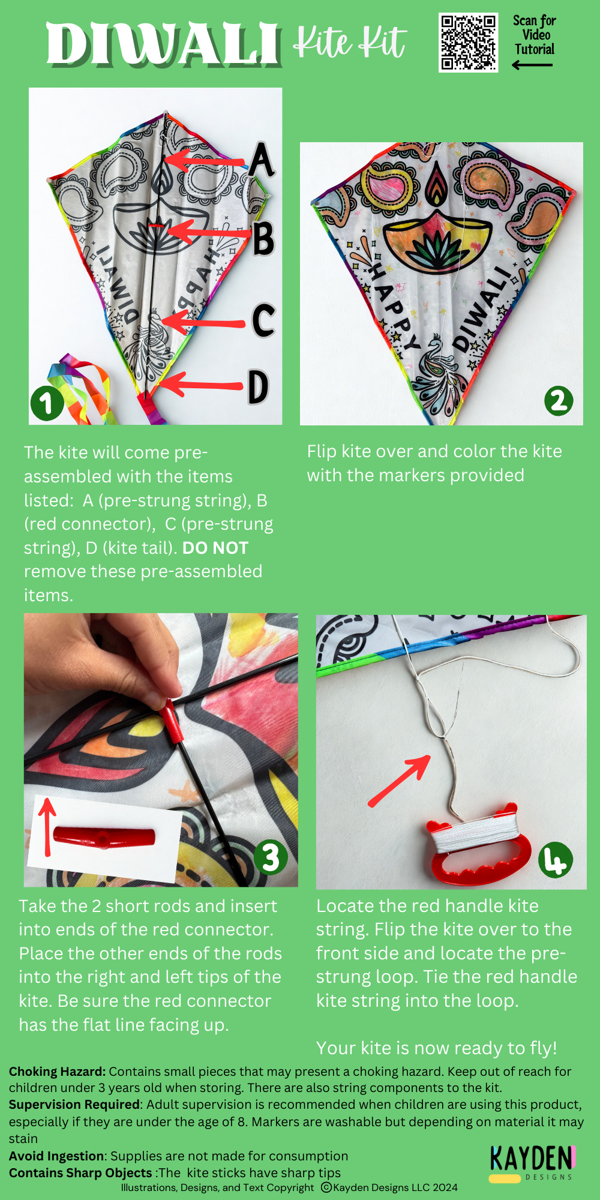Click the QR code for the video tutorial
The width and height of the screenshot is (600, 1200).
click(468, 43)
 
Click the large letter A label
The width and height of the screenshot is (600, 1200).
click(262, 160)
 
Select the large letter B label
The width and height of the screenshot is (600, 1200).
click(263, 238)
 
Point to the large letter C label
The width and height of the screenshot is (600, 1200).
click(263, 320)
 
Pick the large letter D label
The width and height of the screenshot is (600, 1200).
click(258, 387)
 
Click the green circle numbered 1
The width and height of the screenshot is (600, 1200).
click(47, 403)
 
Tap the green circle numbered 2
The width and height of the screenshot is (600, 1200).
click(559, 401)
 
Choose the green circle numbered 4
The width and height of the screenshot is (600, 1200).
click(556, 860)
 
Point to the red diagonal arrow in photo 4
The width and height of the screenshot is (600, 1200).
click(399, 781)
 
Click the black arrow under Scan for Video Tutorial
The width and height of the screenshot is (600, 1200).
click(532, 65)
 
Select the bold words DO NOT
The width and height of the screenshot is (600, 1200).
click(215, 548)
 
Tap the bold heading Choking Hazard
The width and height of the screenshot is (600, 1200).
click(57, 1072)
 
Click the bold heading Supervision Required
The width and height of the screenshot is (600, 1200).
click(75, 1105)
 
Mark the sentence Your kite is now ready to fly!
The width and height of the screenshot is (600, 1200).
click(437, 1048)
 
